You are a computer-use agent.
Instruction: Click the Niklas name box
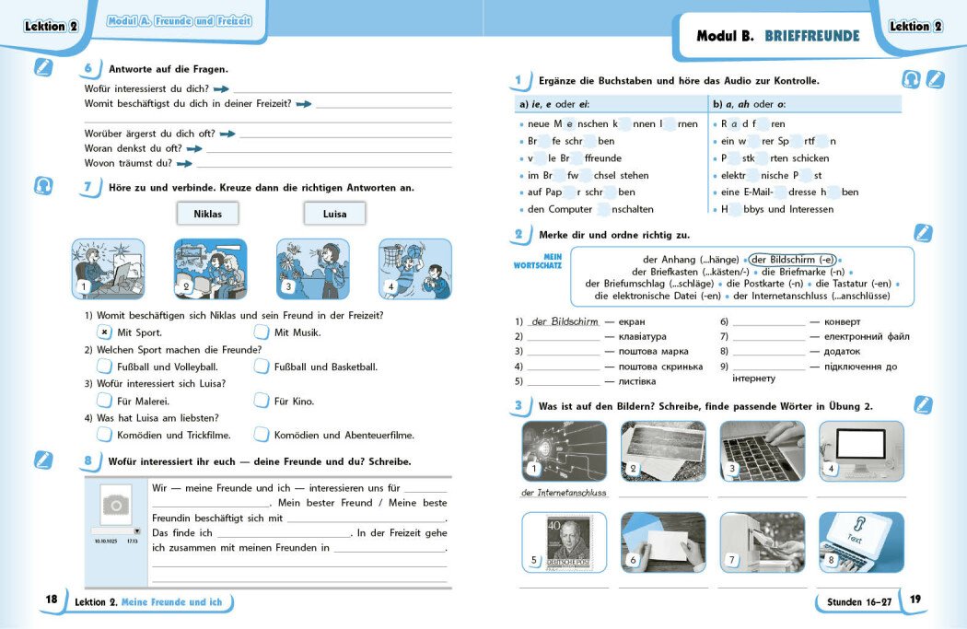207,214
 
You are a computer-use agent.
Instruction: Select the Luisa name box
334,214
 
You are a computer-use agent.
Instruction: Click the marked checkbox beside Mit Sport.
104,332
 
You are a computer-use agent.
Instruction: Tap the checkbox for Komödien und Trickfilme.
104,435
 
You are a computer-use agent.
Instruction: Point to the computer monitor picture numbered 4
861,451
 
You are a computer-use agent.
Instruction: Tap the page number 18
52,600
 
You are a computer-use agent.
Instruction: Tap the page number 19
915,600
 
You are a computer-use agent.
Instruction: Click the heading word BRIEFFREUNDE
811,37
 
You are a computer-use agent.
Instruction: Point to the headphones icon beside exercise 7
43,186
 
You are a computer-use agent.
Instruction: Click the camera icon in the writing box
115,504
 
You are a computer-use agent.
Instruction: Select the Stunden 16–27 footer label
853,601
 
